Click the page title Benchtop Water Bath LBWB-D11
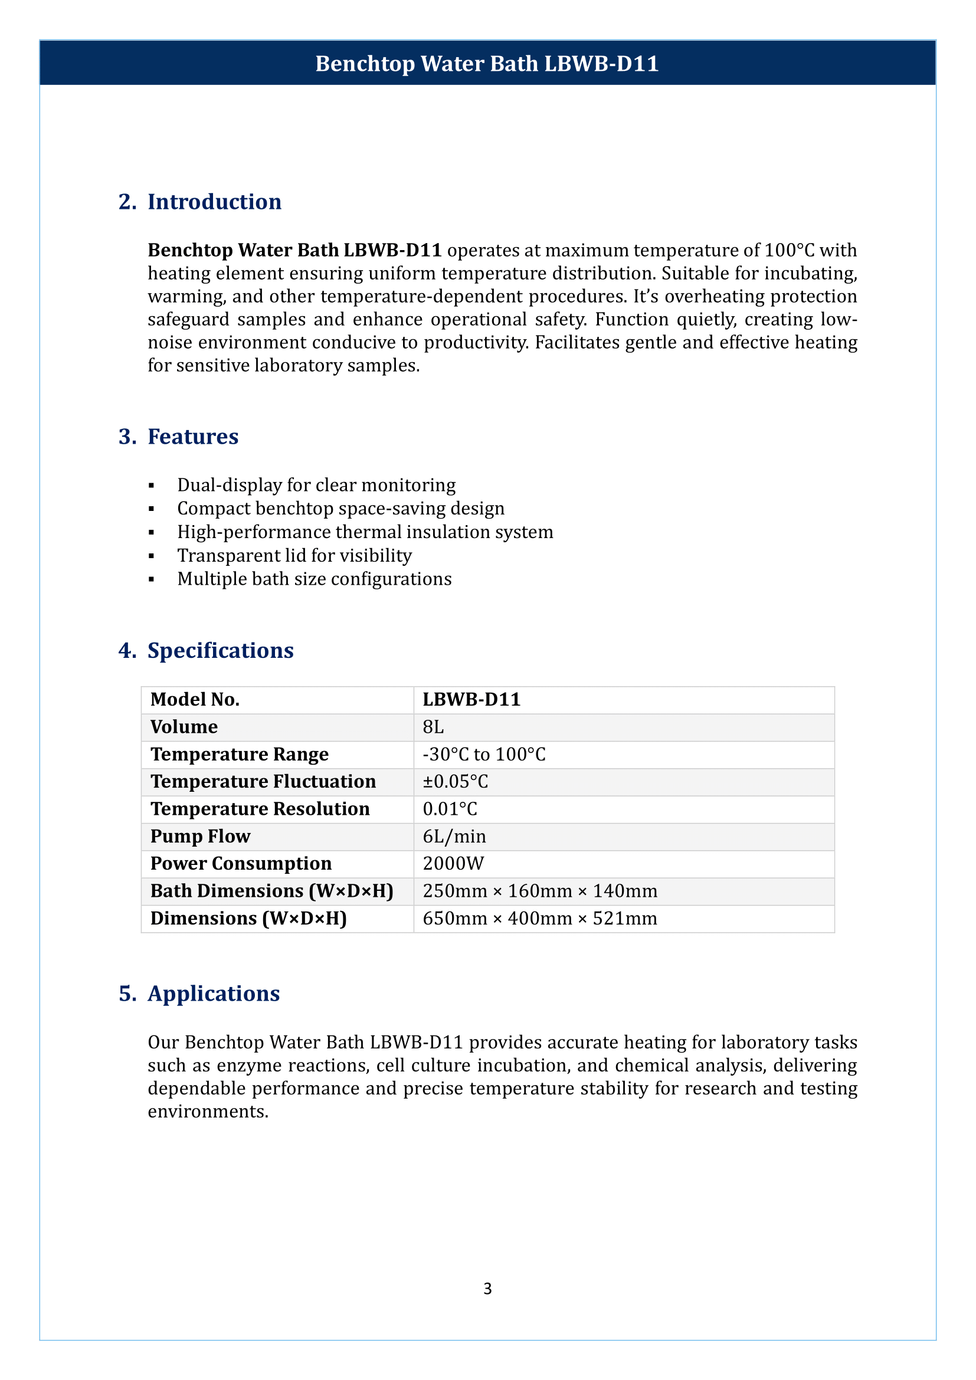[x=487, y=64]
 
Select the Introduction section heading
[x=214, y=202]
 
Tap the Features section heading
[x=192, y=437]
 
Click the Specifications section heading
[x=220, y=650]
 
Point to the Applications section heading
[x=214, y=994]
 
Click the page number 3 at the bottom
[x=487, y=1288]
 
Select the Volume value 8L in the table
[x=433, y=727]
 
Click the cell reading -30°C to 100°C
[x=484, y=755]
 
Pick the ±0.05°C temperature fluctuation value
[x=455, y=781]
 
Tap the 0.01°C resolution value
[x=450, y=809]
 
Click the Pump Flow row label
[x=200, y=836]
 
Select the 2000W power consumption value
[x=453, y=864]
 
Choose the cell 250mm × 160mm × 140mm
[x=540, y=891]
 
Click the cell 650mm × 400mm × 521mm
[x=540, y=919]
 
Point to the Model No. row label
[x=195, y=700]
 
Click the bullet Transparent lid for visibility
[x=294, y=555]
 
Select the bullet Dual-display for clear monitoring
[x=316, y=485]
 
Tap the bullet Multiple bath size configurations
[x=314, y=579]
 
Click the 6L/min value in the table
[x=454, y=836]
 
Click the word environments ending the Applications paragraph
[x=207, y=1112]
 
